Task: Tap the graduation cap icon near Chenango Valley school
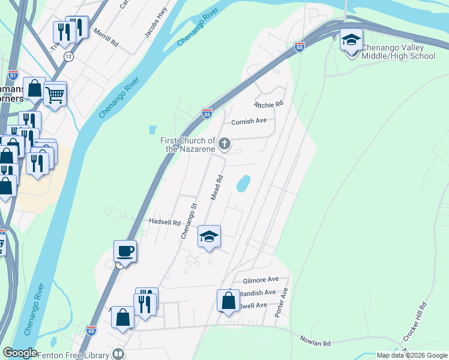(x=351, y=40)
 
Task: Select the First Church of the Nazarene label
(x=187, y=145)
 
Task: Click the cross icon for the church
(x=224, y=143)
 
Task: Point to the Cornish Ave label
(x=249, y=121)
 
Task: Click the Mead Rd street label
(x=217, y=187)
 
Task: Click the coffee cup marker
(x=125, y=251)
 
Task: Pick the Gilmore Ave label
(x=261, y=280)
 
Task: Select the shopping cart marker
(x=55, y=94)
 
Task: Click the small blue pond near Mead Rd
(x=243, y=184)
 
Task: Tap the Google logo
(x=19, y=353)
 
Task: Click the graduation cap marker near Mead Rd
(x=209, y=236)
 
